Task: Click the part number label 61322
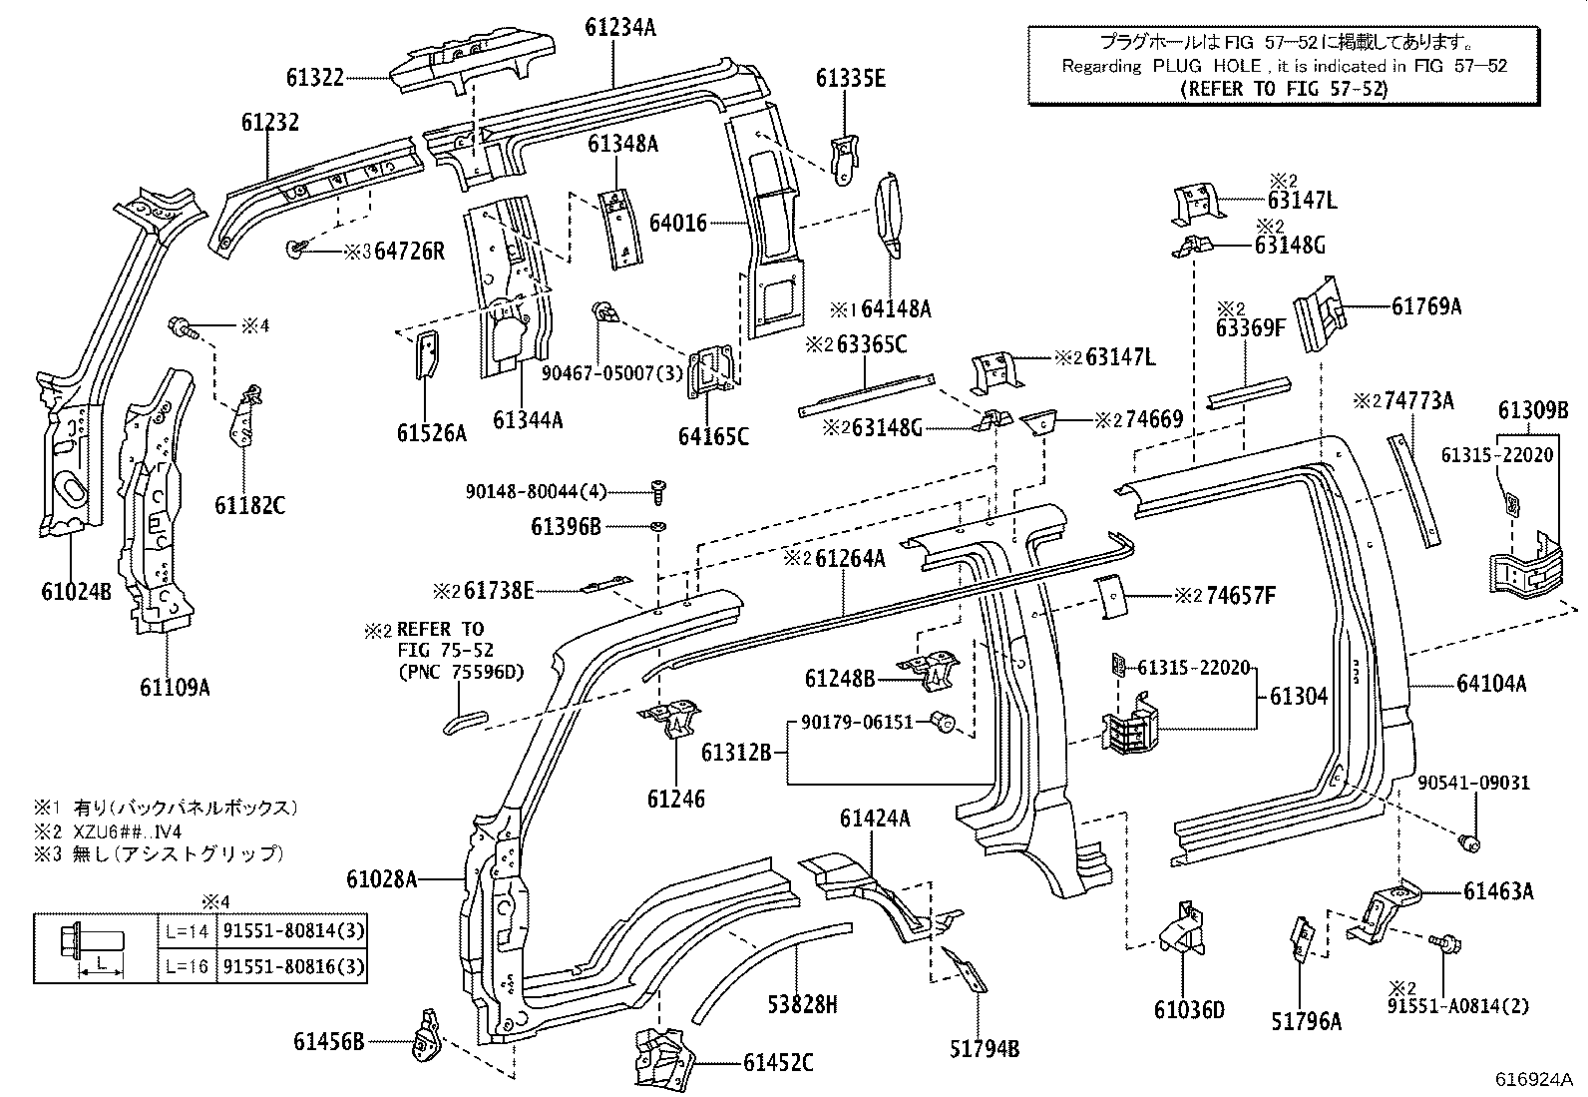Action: pyautogui.click(x=314, y=77)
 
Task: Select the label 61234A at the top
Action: pyautogui.click(x=619, y=28)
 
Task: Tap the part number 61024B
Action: pyautogui.click(x=76, y=591)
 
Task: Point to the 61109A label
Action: pyautogui.click(x=175, y=687)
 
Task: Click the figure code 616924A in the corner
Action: pyautogui.click(x=1532, y=1080)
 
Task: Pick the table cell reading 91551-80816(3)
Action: pyautogui.click(x=292, y=966)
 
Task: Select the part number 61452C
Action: pyautogui.click(x=777, y=1063)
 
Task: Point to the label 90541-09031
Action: pyautogui.click(x=1473, y=783)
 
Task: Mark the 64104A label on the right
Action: pyautogui.click(x=1491, y=684)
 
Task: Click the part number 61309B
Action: pyautogui.click(x=1533, y=410)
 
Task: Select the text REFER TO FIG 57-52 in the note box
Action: pyautogui.click(x=1284, y=88)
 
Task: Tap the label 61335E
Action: pyautogui.click(x=850, y=78)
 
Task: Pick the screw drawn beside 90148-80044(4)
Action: pyautogui.click(x=657, y=490)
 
